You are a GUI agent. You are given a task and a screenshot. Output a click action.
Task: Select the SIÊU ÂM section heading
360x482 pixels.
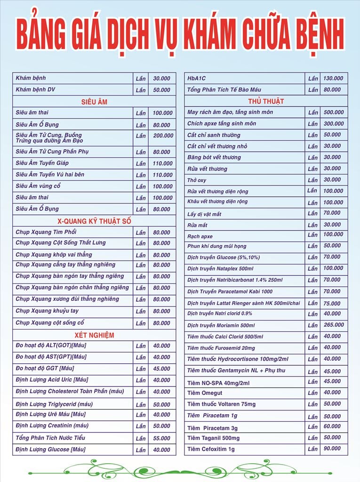pos(94,102)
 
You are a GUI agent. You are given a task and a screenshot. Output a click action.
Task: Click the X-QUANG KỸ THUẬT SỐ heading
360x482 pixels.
pos(94,221)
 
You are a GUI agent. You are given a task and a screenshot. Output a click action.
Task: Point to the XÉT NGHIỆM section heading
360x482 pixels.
pos(94,335)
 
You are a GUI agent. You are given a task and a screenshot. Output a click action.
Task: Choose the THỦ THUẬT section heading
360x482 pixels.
pos(266,101)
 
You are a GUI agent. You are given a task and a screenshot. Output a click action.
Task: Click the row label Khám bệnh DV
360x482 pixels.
pos(35,89)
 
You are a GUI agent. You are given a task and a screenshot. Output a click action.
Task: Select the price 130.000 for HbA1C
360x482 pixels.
pos(333,78)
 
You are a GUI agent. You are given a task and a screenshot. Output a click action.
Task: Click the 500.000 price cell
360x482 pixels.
pos(333,112)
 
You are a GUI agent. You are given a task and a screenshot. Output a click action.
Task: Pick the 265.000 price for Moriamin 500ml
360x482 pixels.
pos(333,325)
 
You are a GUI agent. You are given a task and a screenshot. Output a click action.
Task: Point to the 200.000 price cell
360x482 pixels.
pos(163,136)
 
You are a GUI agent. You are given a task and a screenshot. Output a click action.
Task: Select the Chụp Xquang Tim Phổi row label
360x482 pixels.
pos(46,232)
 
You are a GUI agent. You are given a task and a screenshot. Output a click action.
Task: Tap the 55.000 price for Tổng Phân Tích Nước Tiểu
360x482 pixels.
pos(161,438)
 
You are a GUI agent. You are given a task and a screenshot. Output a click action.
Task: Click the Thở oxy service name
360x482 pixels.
pos(197,180)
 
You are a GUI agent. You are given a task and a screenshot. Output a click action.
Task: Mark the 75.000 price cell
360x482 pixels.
pos(332,304)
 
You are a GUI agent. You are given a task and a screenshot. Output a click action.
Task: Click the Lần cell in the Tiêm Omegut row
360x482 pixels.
pos(313,393)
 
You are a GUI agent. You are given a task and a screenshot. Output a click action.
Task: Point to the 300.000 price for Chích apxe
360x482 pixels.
pos(333,124)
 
